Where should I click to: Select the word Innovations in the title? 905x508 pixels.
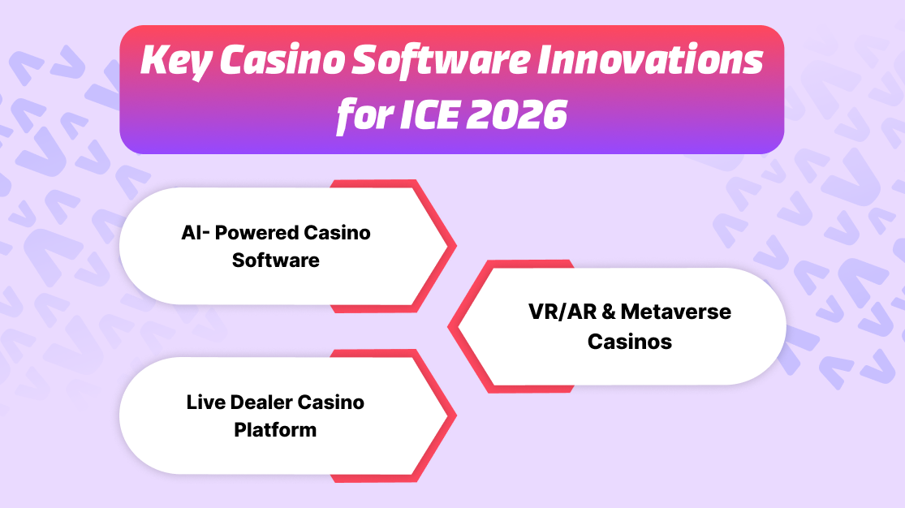651,59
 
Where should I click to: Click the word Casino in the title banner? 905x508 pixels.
282,60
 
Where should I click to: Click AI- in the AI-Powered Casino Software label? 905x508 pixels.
195,233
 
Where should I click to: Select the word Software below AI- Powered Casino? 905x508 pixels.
276,260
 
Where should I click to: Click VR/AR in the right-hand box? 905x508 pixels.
562,312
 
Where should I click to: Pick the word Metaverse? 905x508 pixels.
676,312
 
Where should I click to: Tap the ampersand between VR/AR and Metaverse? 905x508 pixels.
608,312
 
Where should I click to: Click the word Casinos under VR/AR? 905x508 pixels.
630,342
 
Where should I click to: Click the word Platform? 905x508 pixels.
275,430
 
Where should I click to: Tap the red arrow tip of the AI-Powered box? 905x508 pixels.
455,247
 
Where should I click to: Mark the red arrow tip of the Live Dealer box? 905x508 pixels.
455,415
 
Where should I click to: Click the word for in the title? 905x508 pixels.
364,116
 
